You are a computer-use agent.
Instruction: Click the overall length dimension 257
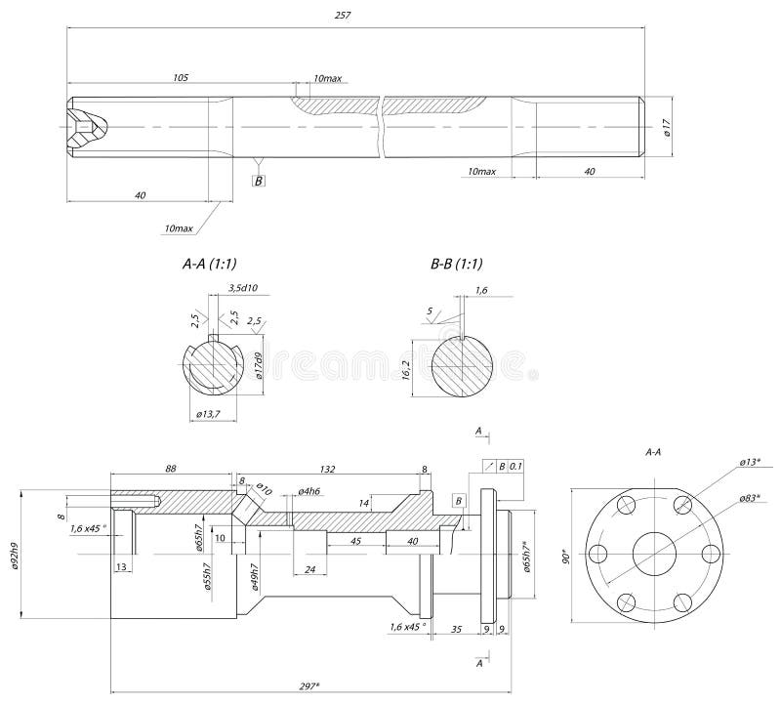point(342,17)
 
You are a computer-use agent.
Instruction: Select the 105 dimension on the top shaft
point(181,76)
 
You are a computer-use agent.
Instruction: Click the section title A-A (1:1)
point(210,264)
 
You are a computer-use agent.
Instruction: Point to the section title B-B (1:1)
point(457,264)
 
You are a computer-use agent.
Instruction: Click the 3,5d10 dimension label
point(241,288)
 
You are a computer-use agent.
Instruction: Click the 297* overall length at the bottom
point(312,685)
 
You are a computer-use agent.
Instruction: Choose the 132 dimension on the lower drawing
point(328,470)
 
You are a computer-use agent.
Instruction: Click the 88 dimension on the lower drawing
point(171,470)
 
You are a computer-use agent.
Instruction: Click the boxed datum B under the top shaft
point(259,181)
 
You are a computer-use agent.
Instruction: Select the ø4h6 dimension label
point(309,490)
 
